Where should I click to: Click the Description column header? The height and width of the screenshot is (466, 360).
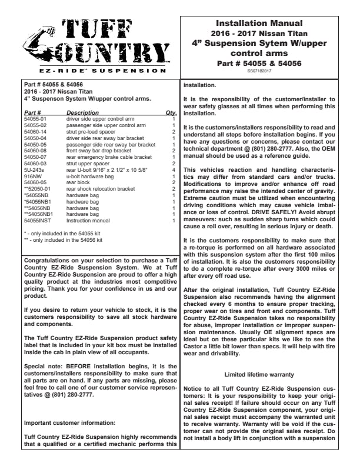click(82, 112)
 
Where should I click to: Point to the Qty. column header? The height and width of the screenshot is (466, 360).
click(171, 112)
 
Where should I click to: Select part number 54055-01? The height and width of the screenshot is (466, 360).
click(35, 118)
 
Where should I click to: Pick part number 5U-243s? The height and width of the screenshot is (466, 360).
click(34, 169)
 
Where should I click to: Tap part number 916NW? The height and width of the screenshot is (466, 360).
click(32, 175)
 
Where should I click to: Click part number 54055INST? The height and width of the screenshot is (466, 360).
click(36, 220)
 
